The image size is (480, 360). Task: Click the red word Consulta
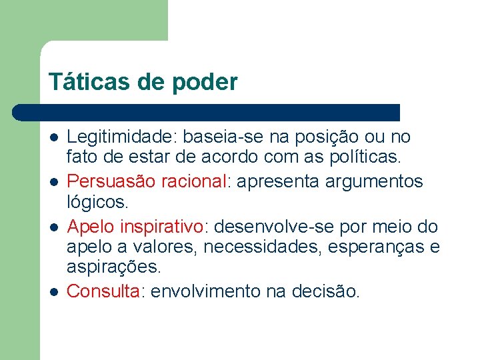click(x=103, y=291)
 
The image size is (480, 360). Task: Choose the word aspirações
click(x=113, y=269)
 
